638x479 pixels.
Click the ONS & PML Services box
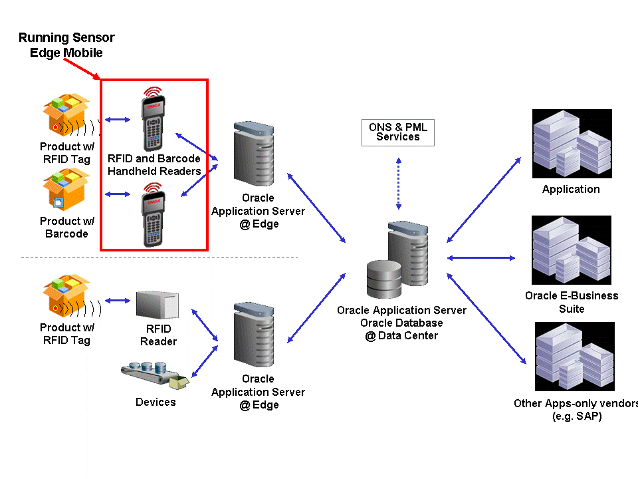coord(397,132)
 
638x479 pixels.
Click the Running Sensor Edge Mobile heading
coord(66,45)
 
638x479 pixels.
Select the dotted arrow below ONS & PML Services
coord(397,183)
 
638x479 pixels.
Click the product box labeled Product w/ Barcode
coord(66,190)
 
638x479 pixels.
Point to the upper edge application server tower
coord(254,155)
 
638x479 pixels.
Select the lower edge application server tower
coord(254,336)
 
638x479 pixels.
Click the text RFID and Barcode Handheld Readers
coord(154,165)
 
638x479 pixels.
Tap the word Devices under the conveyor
coord(156,402)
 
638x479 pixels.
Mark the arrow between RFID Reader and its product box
coord(118,301)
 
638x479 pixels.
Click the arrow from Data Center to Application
coord(484,199)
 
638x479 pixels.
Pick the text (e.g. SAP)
coord(577,416)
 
